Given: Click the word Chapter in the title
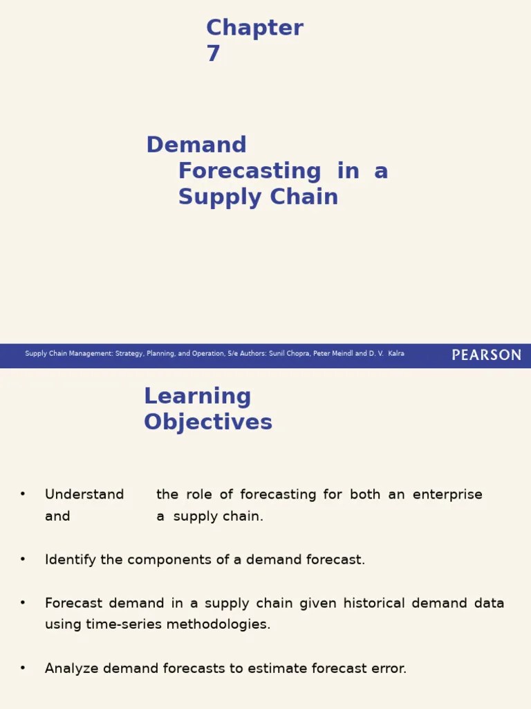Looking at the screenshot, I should tap(254, 28).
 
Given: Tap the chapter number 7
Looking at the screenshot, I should tap(213, 54).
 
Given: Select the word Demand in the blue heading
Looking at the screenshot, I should tap(196, 145).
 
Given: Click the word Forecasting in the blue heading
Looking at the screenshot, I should tap(250, 171).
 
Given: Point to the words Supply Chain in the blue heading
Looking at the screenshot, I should tap(258, 197).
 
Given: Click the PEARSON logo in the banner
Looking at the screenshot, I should tap(486, 355).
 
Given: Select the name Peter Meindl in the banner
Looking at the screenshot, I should tap(334, 354).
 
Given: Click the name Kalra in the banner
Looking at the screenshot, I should tap(396, 354).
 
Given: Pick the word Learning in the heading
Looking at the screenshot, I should tap(197, 396).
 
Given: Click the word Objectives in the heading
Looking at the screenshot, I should tap(208, 422).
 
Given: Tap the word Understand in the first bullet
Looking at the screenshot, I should tap(84, 494).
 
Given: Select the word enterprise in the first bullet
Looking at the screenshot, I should tap(447, 494).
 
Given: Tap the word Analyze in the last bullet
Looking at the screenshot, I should tap(71, 668).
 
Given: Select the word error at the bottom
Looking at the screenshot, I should tap(389, 668).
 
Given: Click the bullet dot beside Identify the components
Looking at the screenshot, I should tap(23, 559).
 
